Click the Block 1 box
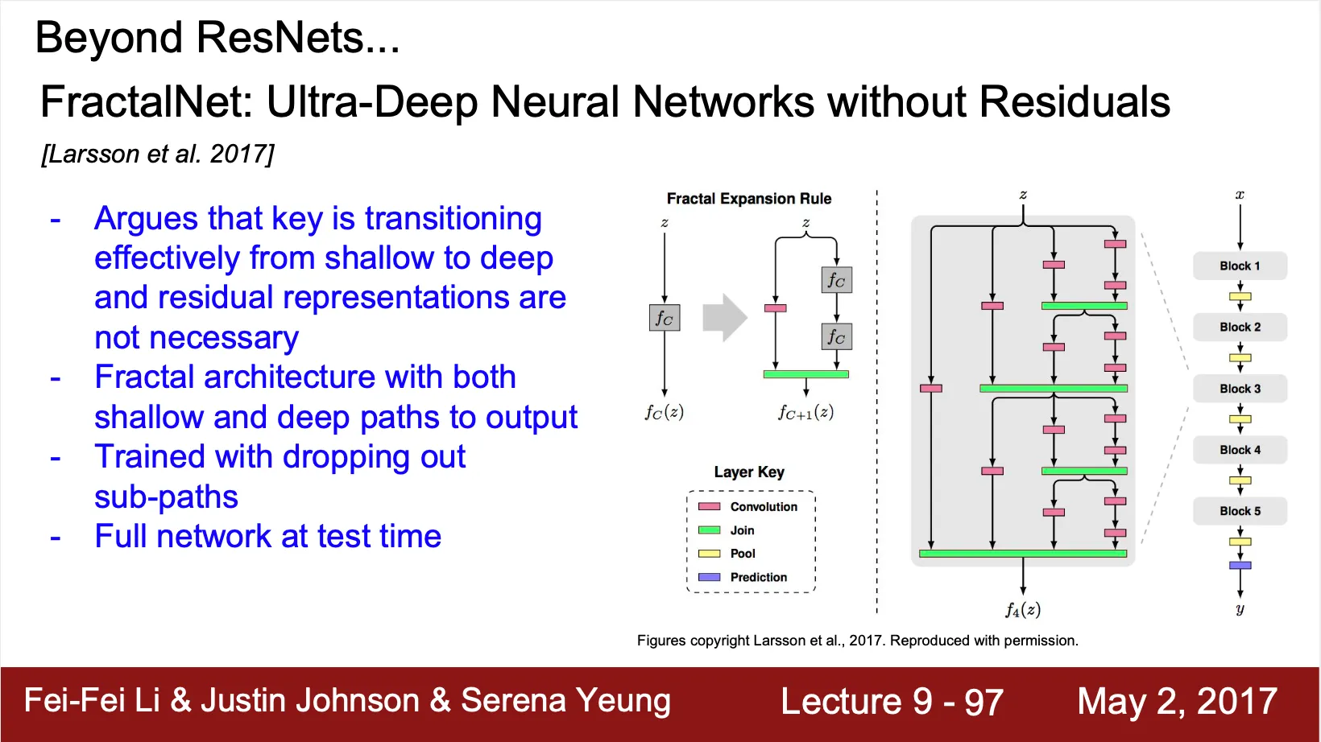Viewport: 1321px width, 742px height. (x=1240, y=266)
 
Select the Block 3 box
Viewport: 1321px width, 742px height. (x=1240, y=389)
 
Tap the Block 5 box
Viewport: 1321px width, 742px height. (x=1240, y=511)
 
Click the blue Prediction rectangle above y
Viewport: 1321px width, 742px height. (x=1240, y=566)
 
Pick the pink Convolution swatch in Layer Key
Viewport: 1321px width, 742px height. (x=709, y=506)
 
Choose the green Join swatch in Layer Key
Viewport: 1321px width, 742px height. (x=709, y=530)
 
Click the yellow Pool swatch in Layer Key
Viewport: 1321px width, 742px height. (x=709, y=554)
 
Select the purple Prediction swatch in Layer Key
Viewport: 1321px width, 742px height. (x=709, y=577)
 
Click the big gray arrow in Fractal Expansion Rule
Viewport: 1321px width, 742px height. (x=724, y=317)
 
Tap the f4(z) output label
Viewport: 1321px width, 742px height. (x=1022, y=610)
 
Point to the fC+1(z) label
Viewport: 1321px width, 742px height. (x=805, y=413)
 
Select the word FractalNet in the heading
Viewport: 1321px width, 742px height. (x=146, y=102)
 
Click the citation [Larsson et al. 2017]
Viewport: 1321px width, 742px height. (x=158, y=154)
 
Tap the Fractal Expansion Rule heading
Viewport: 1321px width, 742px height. (x=748, y=199)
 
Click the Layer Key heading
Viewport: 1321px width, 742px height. (x=748, y=472)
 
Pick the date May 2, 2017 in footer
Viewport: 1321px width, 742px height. (x=1177, y=701)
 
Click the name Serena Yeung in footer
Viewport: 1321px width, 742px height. (x=565, y=701)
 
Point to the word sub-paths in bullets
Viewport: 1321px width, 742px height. (x=166, y=497)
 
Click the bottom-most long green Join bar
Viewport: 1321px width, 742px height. (x=1022, y=554)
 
